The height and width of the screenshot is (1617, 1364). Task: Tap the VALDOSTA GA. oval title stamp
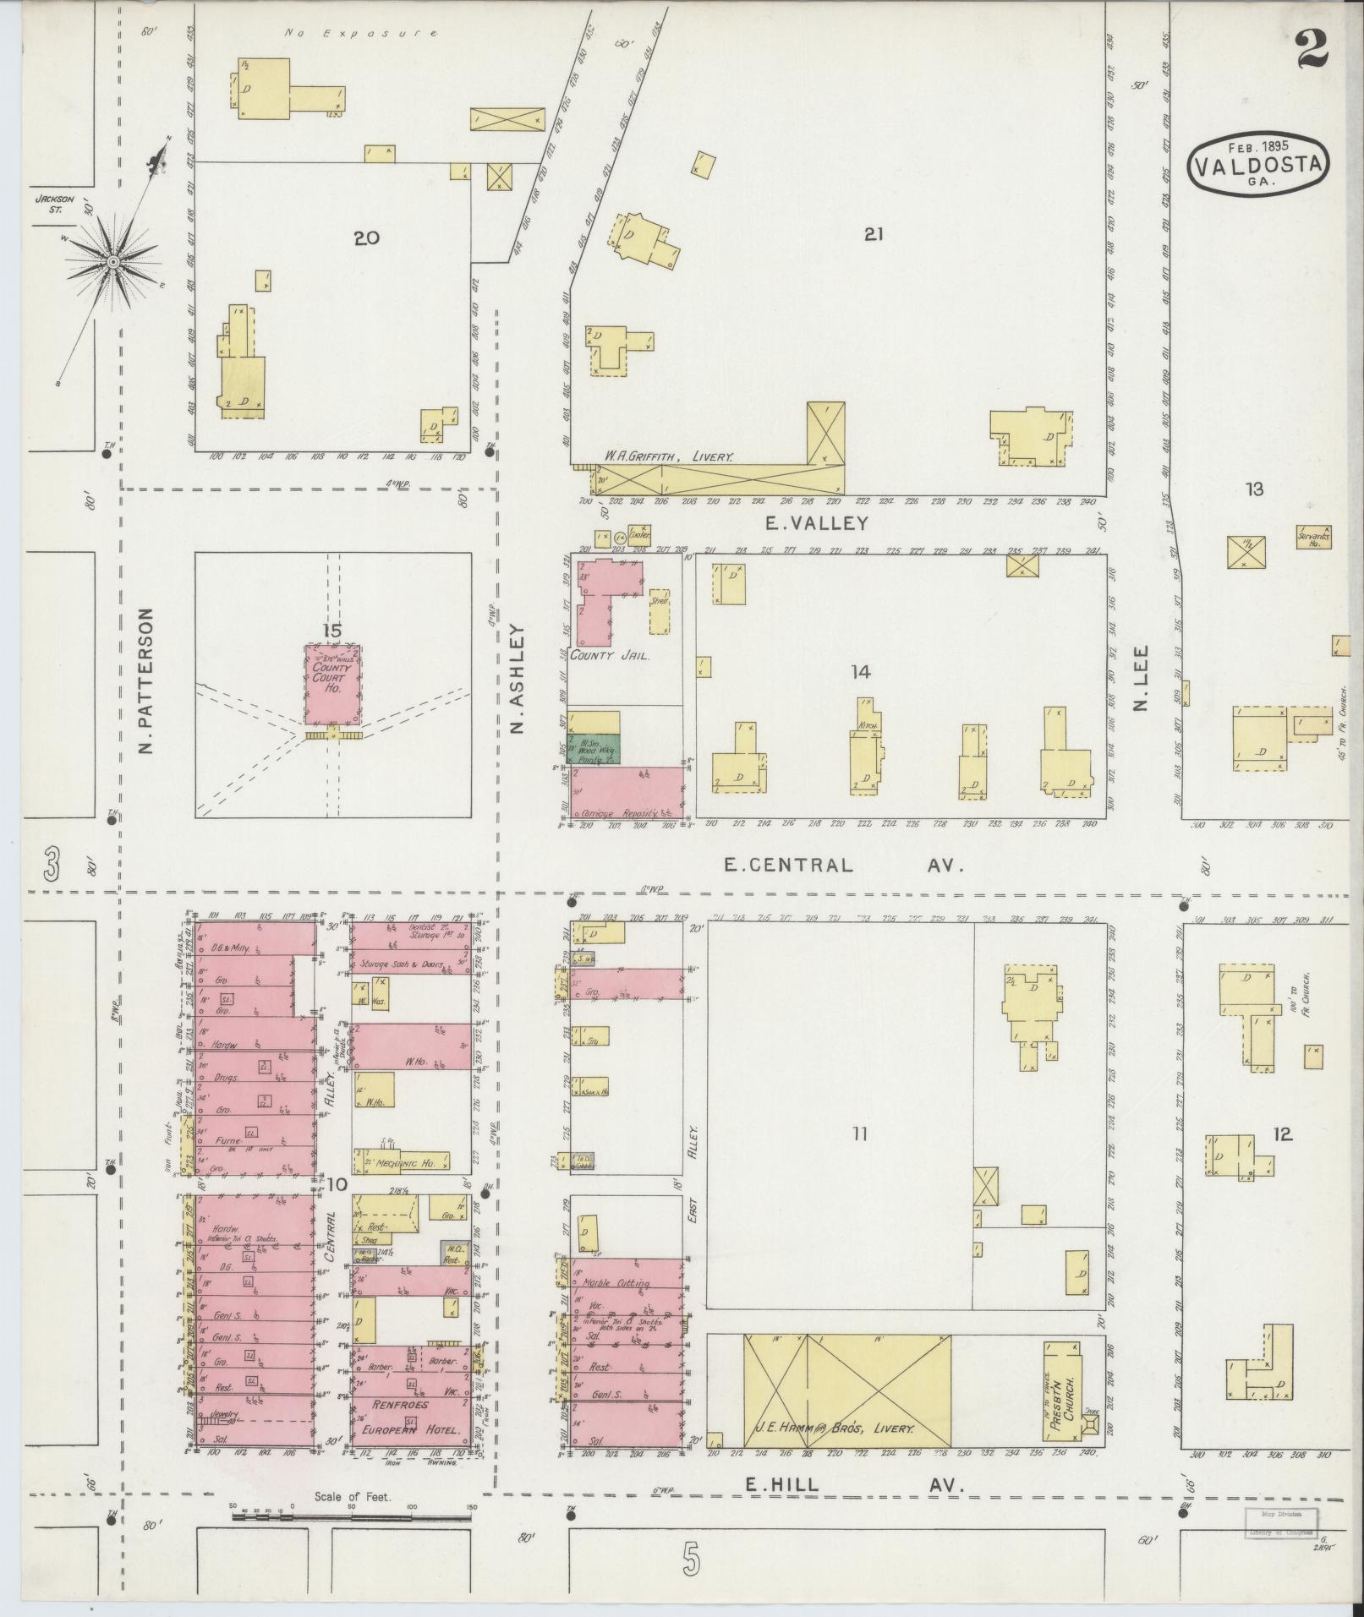[1259, 165]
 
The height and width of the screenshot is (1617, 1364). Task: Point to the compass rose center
[112, 263]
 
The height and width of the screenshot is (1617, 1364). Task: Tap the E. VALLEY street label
[816, 523]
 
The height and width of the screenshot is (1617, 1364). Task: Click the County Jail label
[609, 654]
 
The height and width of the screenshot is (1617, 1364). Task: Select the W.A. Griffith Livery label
[668, 456]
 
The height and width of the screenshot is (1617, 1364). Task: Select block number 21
[873, 235]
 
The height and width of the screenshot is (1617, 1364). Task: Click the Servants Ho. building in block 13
[1314, 538]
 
